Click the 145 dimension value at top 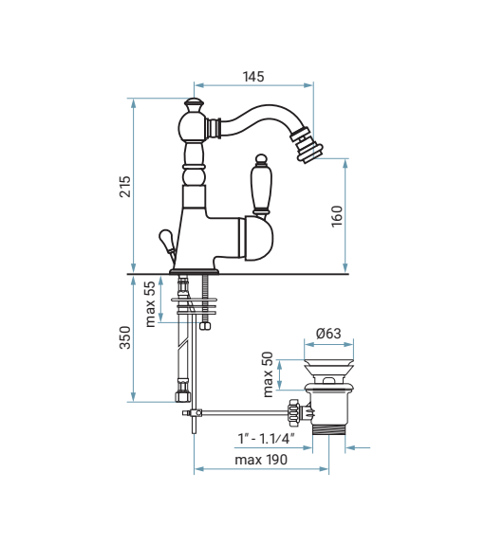point(253,77)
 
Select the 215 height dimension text point(125,187)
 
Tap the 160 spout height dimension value point(337,216)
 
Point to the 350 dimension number point(125,337)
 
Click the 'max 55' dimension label point(150,304)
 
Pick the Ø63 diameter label point(328,334)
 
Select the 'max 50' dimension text point(268,374)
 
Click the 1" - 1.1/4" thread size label point(267,439)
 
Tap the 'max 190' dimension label point(261,460)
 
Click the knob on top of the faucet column point(194,103)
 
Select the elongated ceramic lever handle point(261,185)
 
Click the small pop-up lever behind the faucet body point(167,244)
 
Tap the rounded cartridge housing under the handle point(256,238)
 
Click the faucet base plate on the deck point(195,271)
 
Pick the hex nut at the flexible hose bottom point(183,396)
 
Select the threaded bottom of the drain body point(329,429)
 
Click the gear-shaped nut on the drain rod point(294,412)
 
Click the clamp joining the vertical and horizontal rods point(193,412)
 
